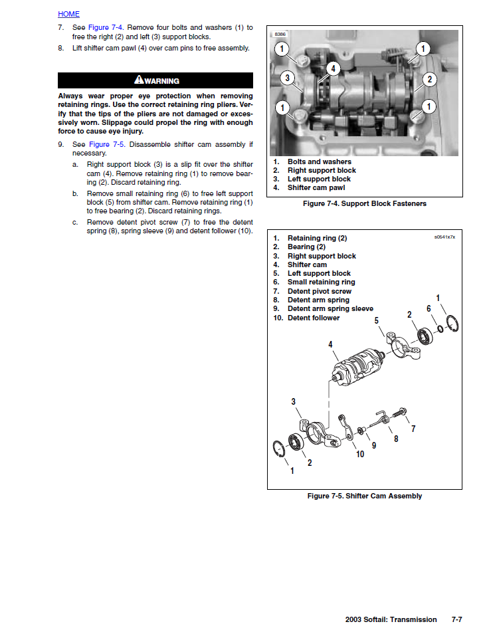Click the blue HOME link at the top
pos(68,14)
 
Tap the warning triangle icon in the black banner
pos(139,80)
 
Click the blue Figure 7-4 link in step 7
pos(108,27)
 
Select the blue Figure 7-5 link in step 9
pos(108,144)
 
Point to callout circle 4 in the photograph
pos(333,68)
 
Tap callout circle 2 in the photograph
pos(430,80)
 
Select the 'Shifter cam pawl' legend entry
pos(316,188)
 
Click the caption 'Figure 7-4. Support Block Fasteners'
pos(364,203)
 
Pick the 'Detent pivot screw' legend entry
pos(320,291)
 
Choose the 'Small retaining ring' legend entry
pos(321,282)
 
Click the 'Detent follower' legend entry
pos(314,318)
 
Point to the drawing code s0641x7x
pos(444,237)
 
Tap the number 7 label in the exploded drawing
pos(413,429)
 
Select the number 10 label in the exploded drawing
pos(359,454)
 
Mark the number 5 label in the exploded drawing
pos(376,320)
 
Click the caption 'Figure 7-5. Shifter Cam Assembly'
pos(364,496)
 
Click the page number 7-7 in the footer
pos(456,619)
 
